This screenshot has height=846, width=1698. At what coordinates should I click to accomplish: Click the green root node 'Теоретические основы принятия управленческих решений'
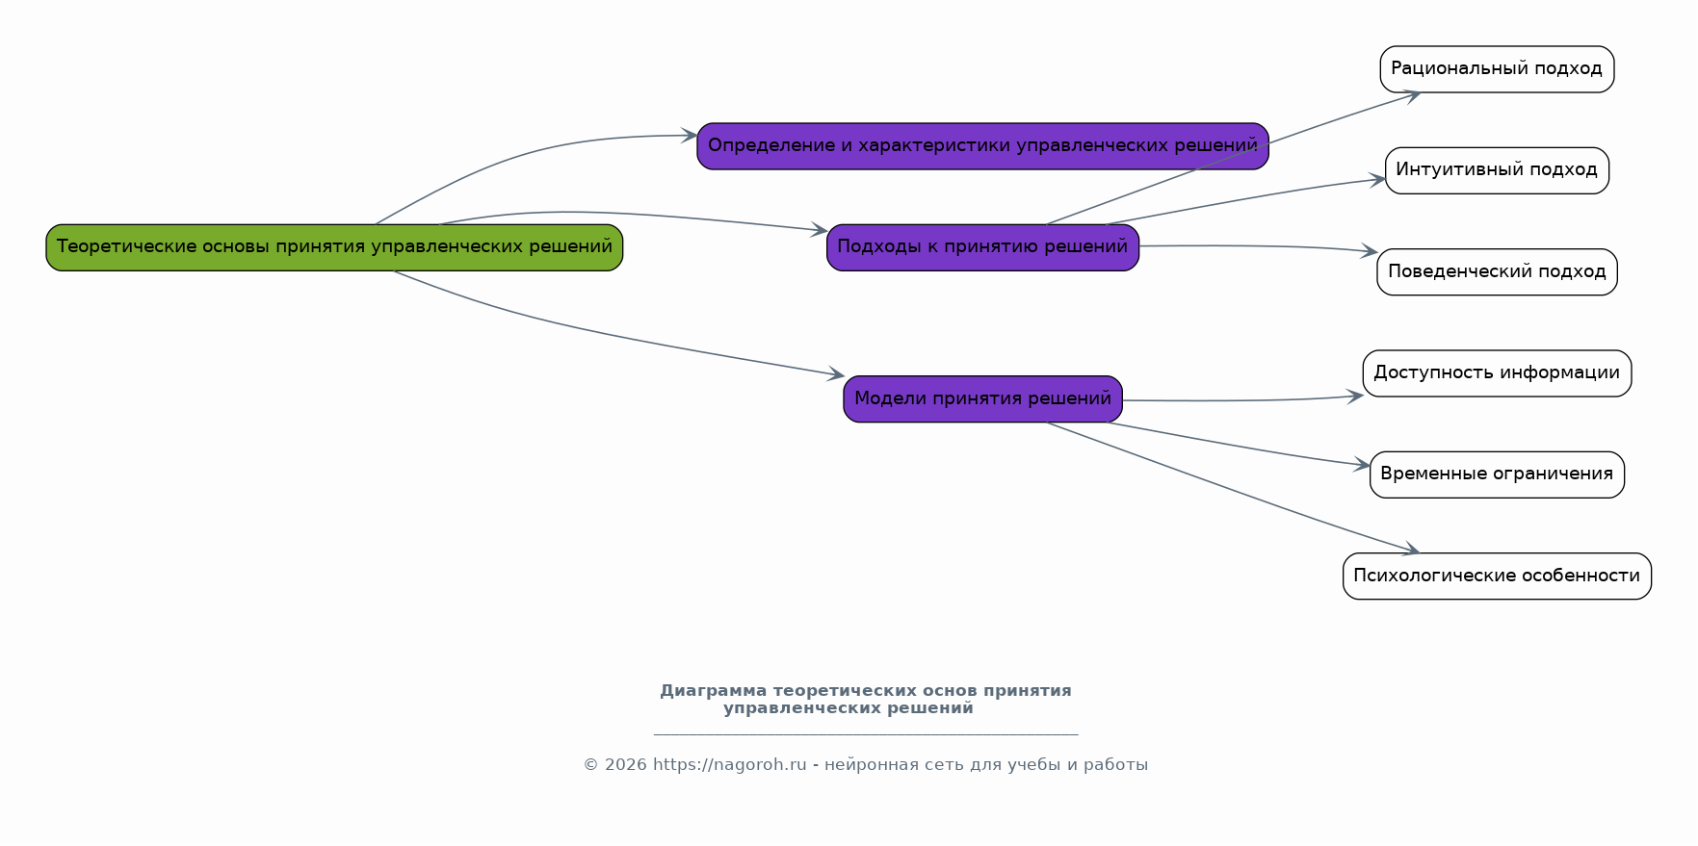coord(334,247)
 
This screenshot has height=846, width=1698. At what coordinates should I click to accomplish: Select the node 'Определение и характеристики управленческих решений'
coord(982,146)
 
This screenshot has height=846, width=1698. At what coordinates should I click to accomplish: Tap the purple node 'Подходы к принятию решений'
coord(982,247)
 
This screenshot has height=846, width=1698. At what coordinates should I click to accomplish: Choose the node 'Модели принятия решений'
coord(982,398)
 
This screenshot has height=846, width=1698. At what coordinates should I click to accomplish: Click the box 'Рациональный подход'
coord(1497,69)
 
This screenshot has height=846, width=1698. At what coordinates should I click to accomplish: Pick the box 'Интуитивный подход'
coord(1497,170)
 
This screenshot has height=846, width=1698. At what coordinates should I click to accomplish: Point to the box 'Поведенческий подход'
coord(1497,272)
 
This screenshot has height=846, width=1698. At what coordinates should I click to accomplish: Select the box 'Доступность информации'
coord(1497,373)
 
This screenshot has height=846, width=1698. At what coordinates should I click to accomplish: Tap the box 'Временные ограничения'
coord(1497,474)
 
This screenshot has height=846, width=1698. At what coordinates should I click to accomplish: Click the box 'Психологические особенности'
coord(1497,577)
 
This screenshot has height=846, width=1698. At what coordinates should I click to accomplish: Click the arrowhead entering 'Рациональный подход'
coord(1413,94)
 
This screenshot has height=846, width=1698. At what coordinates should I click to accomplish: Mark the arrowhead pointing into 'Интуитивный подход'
coord(1378,180)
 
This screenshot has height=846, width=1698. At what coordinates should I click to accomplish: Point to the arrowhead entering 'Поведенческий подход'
coord(1371,252)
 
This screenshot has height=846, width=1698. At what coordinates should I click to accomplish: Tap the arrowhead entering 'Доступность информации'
coord(1356,395)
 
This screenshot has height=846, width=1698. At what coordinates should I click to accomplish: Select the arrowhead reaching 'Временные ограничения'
coord(1363,466)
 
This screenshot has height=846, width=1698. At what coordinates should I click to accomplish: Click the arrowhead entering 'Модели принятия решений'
coord(837,374)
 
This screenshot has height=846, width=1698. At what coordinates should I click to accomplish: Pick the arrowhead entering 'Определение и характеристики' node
coord(690,136)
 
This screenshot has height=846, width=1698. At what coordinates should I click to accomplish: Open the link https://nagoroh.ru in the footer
coord(729,765)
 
